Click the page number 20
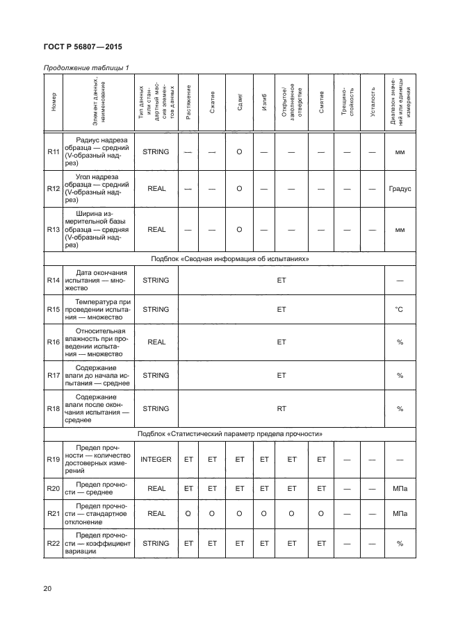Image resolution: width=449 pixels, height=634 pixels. click(48, 589)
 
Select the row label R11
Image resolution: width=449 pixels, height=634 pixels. click(53, 151)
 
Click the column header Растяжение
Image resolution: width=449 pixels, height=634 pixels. click(188, 103)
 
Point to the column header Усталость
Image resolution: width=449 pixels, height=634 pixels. click(373, 103)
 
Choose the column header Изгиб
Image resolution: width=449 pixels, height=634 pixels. click(264, 103)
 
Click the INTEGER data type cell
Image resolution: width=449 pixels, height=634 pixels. click(156, 459)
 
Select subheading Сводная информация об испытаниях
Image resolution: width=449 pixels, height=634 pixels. click(229, 258)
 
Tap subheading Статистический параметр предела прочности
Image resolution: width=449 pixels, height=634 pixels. click(229, 434)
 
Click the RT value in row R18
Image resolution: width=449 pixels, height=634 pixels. click(281, 409)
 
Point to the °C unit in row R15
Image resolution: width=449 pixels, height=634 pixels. click(400, 308)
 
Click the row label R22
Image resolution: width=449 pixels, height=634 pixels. click(53, 543)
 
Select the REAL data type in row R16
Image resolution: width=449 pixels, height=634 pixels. click(156, 342)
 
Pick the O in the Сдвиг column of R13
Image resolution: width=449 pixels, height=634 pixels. click(238, 228)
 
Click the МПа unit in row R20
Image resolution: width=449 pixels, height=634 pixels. click(400, 489)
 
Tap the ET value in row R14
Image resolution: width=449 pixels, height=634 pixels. click(281, 281)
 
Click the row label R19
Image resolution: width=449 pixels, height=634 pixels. click(53, 459)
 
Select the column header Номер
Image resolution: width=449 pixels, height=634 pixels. click(53, 103)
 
